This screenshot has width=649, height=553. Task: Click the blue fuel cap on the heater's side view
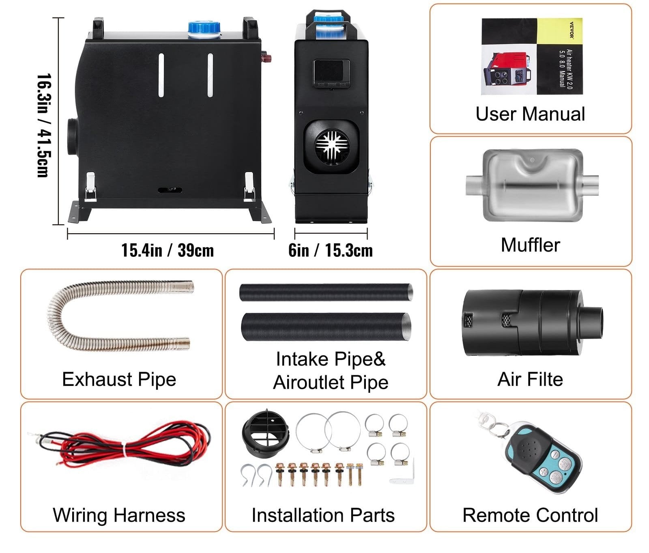coord(204,30)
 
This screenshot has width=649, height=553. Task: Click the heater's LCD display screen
coord(331,72)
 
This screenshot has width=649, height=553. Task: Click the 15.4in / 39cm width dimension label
coord(168,250)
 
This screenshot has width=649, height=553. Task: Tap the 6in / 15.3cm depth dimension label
coord(331,250)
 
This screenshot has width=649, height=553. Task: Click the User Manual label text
coord(530,114)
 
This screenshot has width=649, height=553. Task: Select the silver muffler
coord(532,185)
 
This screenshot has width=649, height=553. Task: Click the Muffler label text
coord(530,245)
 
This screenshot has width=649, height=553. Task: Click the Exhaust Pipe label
coord(119,379)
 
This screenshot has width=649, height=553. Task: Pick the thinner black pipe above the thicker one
coord(326,292)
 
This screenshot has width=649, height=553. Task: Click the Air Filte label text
coord(530,380)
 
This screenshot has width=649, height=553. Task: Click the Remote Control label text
coord(530,515)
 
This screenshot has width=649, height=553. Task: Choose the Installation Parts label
coord(323,515)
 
